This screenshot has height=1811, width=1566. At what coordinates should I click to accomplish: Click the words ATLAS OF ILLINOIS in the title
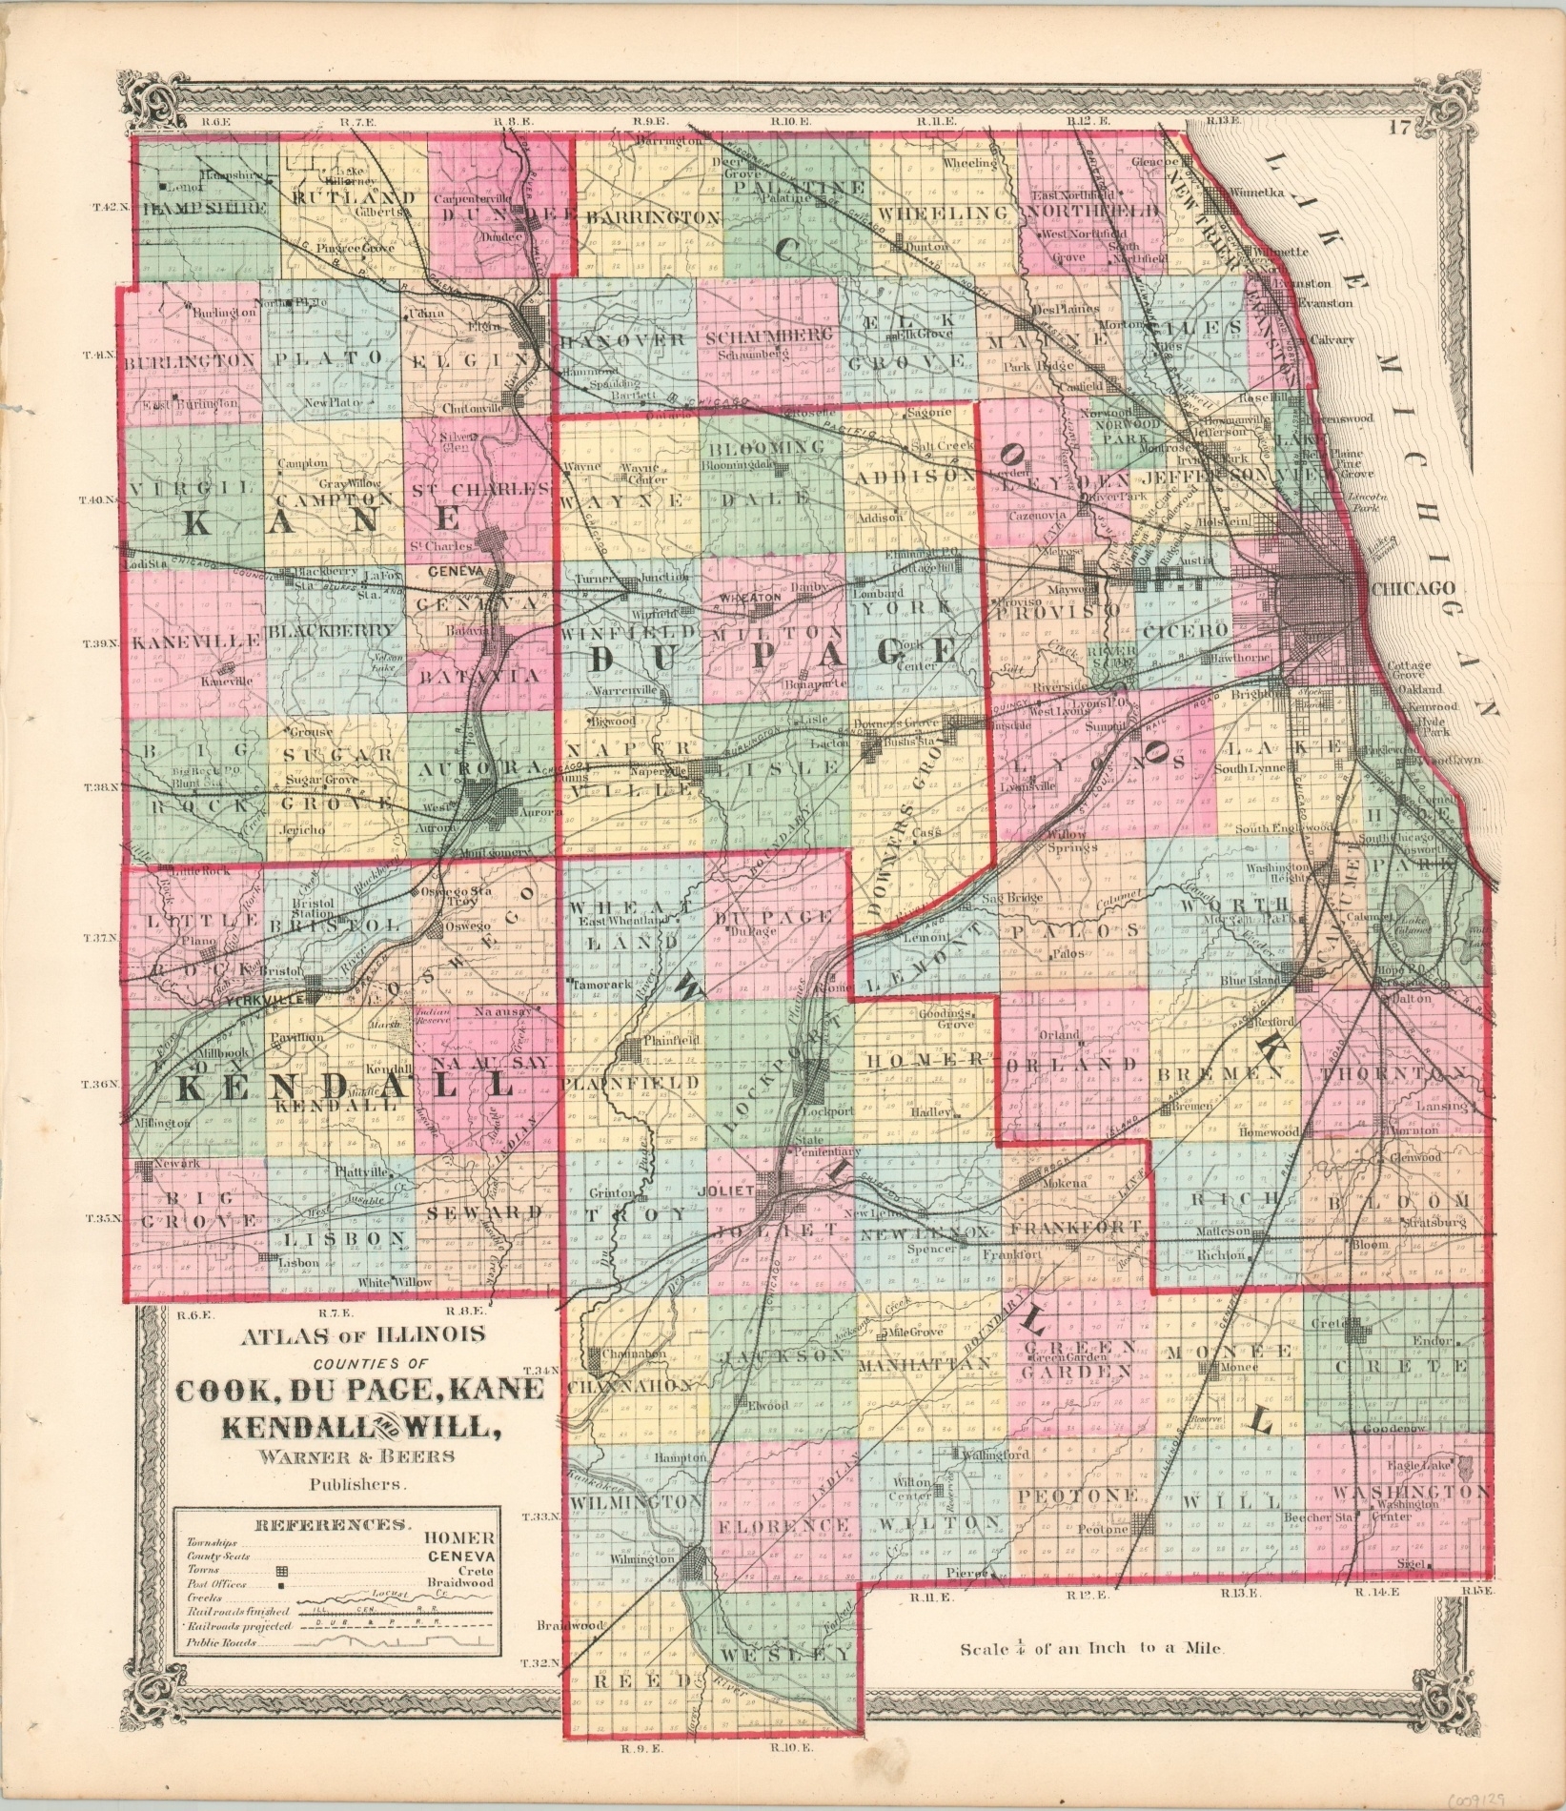[x=363, y=1334]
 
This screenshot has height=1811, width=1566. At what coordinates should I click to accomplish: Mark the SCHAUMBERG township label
[x=768, y=335]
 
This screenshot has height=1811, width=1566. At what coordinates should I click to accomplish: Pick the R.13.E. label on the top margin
[x=1223, y=121]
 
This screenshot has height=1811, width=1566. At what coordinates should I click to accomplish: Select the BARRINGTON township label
[x=653, y=217]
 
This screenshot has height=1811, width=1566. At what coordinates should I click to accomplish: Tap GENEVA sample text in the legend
[x=462, y=1554]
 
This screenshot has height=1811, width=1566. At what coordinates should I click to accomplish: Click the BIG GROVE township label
[x=198, y=1208]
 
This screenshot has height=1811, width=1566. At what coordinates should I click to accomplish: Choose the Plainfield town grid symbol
[x=631, y=1051]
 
